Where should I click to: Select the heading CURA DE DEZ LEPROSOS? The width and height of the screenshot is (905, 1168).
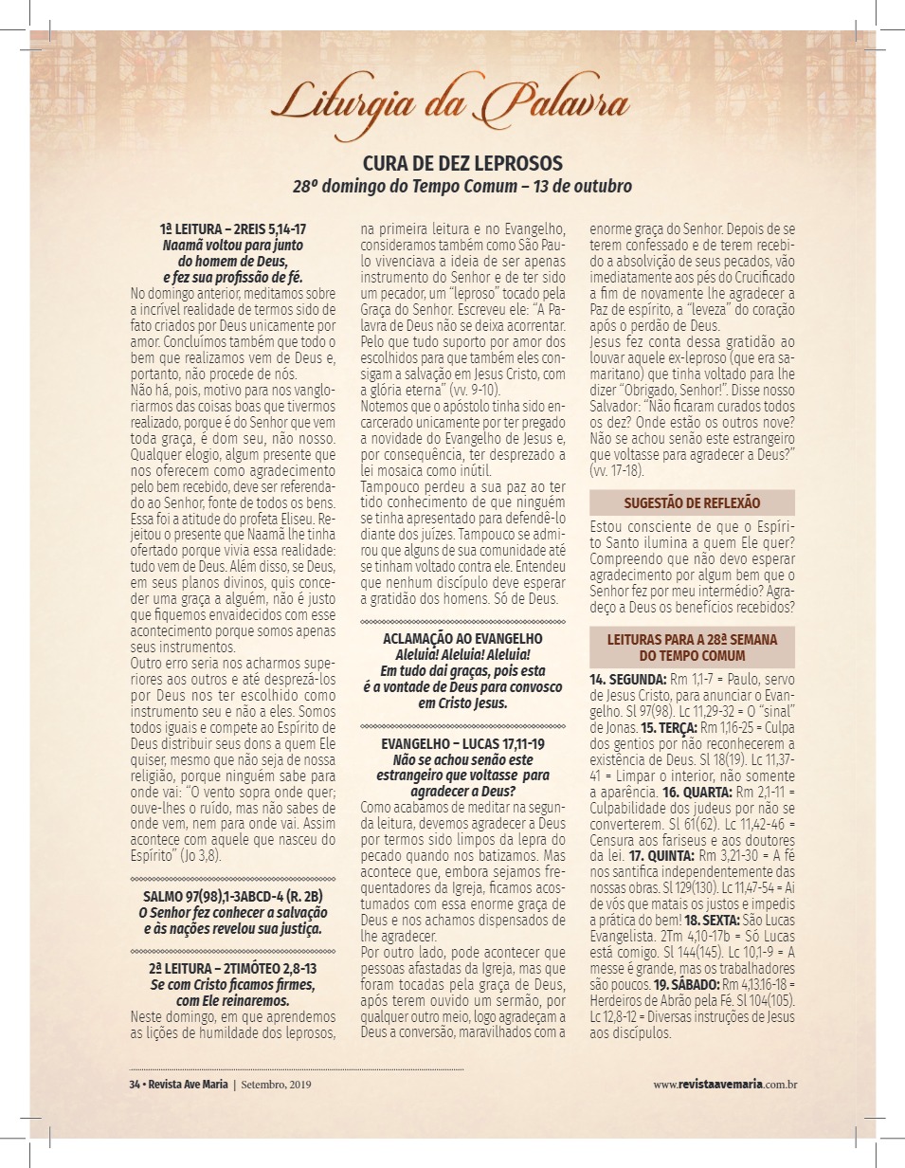coord(462,163)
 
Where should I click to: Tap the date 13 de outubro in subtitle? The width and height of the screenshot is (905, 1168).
coord(583,186)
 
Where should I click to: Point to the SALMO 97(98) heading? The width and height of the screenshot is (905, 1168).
coord(233,896)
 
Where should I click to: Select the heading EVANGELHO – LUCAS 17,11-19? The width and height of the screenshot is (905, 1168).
coord(462,744)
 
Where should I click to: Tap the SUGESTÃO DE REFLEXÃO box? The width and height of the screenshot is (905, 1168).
coord(692,502)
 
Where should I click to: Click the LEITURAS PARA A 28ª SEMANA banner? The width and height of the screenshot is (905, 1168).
coord(692,648)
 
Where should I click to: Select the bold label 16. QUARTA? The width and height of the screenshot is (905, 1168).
coord(697,790)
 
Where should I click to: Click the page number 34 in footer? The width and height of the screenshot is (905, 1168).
coord(135,1085)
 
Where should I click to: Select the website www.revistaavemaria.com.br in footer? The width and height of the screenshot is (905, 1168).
coord(724,1085)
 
